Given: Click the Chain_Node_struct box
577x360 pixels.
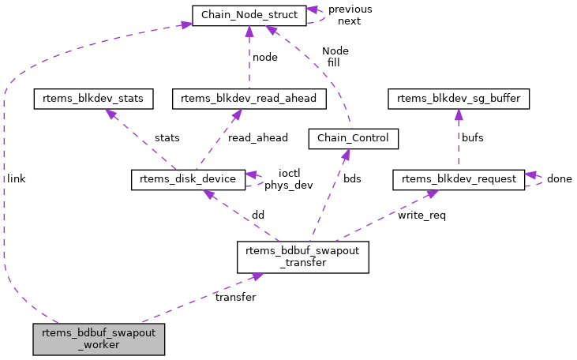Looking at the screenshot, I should click(249, 15).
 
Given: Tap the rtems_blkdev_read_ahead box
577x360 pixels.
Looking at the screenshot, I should click(249, 99).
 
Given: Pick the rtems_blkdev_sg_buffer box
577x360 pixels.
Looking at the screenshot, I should click(459, 99).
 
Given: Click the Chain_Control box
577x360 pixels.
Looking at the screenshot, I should click(353, 139).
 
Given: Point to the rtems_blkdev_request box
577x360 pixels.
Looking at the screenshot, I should click(459, 179).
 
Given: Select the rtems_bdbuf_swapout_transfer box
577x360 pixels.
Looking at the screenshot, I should click(303, 257).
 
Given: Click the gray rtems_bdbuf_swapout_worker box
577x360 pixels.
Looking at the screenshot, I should click(99, 338).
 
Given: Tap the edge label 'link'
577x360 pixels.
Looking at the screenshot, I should click(17, 179).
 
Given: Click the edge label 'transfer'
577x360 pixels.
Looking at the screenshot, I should click(235, 298).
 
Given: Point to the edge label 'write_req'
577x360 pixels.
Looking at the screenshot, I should click(422, 216).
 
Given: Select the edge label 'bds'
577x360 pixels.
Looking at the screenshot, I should click(352, 179).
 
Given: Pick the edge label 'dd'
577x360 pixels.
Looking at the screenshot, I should click(257, 216).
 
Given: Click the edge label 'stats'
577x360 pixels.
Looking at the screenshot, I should click(167, 138).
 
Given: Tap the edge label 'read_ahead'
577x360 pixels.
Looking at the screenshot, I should click(257, 138).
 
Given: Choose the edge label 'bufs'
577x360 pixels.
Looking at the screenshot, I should click(473, 138).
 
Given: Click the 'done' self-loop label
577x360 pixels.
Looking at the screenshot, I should click(559, 179).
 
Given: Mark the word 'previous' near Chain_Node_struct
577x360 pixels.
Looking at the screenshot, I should click(350, 9).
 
